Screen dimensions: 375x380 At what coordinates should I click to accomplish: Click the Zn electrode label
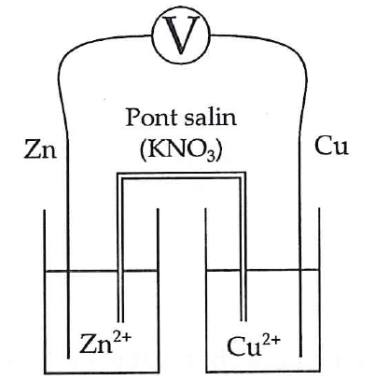coord(40,148)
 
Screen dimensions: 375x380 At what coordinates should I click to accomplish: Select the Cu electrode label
coord(331,146)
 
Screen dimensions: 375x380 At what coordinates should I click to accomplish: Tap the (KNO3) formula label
coord(181,151)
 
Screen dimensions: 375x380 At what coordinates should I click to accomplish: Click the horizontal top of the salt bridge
coord(181,176)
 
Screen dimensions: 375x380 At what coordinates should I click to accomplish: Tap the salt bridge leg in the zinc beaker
coord(120,249)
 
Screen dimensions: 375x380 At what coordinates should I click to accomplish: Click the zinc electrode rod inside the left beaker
coord(68,314)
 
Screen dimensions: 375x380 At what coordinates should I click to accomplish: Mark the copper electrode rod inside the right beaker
coord(300,313)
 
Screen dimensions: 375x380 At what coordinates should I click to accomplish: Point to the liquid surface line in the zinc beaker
coord(102,271)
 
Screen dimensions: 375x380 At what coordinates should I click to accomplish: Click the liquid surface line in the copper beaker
coord(263,270)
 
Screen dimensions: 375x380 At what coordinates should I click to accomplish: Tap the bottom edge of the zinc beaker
coord(102,372)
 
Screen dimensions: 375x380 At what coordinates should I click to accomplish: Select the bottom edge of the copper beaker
coord(263,371)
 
